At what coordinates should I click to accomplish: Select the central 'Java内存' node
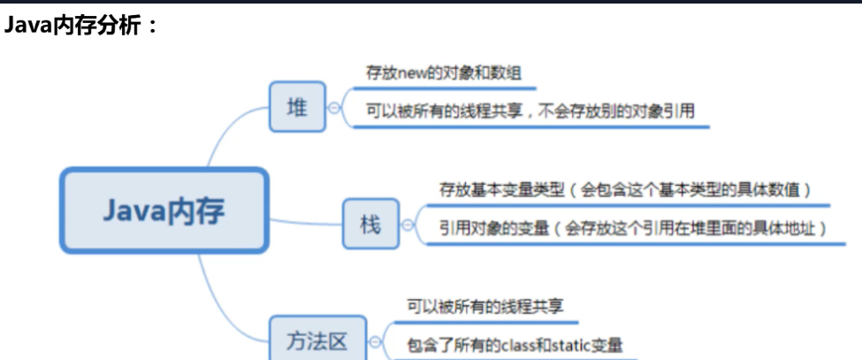pyautogui.click(x=164, y=211)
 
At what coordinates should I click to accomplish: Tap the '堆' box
pyautogui.click(x=297, y=107)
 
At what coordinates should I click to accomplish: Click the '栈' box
pyautogui.click(x=370, y=225)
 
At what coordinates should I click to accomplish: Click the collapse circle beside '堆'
pyautogui.click(x=334, y=108)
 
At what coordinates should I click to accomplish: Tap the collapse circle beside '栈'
pyautogui.click(x=408, y=225)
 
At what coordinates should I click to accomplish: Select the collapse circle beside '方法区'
pyautogui.click(x=377, y=342)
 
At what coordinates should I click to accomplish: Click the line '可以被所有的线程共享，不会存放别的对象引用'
pyautogui.click(x=530, y=111)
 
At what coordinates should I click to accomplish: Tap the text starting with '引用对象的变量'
pyautogui.click(x=632, y=228)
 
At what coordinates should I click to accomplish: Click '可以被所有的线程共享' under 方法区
pyautogui.click(x=484, y=306)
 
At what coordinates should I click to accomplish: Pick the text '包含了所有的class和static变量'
pyautogui.click(x=515, y=344)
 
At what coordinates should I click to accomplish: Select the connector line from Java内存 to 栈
pyautogui.click(x=305, y=221)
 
